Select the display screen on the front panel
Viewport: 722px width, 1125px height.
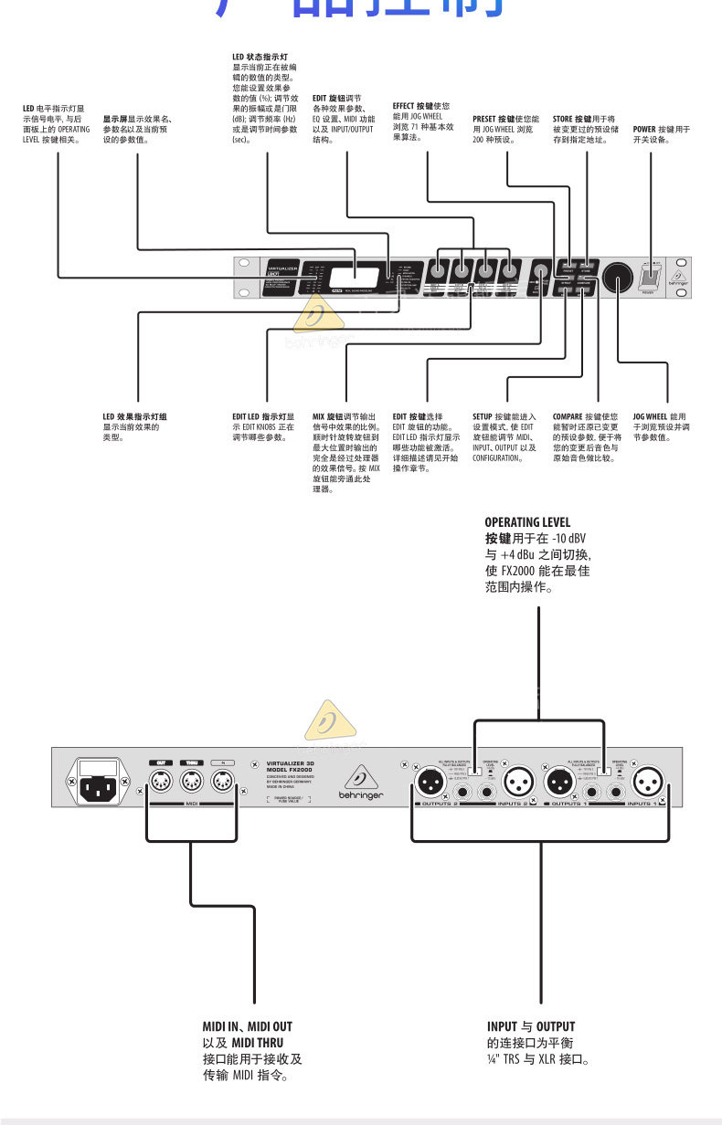click(343, 277)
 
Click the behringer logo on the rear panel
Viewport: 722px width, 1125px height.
click(363, 785)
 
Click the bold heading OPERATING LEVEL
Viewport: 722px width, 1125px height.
click(527, 522)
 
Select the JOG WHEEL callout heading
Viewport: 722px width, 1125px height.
click(651, 416)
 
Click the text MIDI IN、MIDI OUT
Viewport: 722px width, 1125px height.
click(247, 1026)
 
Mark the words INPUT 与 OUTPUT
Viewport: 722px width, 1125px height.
click(531, 1026)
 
